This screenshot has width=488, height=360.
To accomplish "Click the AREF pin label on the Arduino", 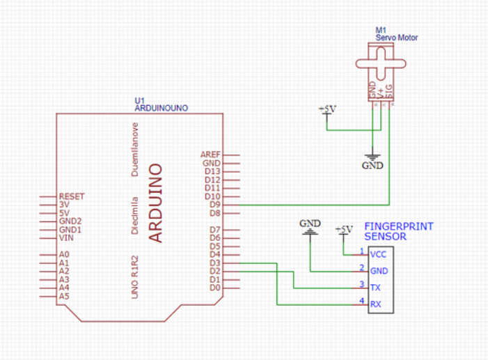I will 210,155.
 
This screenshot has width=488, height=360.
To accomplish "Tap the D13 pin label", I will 212,171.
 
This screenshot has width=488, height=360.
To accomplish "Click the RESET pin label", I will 72,196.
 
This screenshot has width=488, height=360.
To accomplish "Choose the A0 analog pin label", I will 64,255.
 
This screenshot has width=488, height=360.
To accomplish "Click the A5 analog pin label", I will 64,296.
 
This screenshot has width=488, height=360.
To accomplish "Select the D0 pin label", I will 214,288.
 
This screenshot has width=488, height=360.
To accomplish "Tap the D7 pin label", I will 214,230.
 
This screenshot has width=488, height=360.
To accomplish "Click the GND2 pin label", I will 70,221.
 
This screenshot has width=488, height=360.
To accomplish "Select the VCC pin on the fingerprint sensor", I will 379,254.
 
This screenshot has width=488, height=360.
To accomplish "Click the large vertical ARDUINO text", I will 156,203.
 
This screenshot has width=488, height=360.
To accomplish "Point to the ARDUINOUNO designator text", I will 161,109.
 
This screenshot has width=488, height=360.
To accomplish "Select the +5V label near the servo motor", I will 326,110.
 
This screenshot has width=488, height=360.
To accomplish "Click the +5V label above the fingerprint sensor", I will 344,229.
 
